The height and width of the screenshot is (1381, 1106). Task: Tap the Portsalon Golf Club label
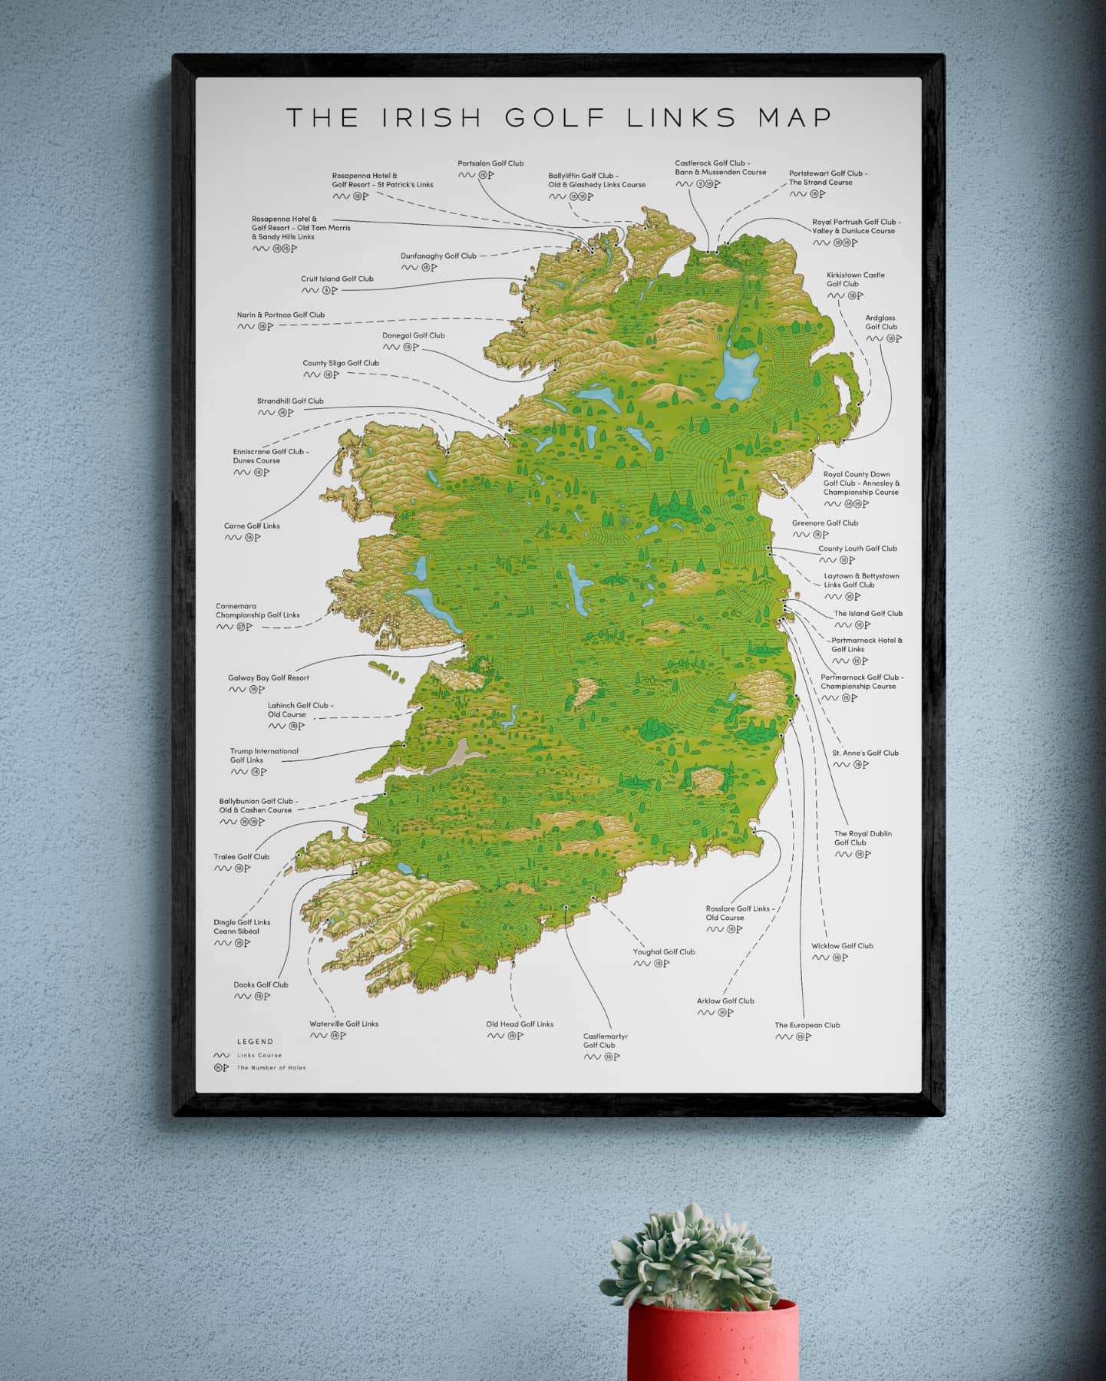pyautogui.click(x=490, y=163)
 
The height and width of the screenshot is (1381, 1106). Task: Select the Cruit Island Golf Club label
pyautogui.click(x=337, y=279)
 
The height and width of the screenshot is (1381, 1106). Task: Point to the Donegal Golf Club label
pyautogui.click(x=413, y=335)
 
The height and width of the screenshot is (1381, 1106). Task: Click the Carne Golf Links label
pyautogui.click(x=252, y=526)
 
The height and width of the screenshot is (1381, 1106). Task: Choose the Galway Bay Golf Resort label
pyautogui.click(x=268, y=677)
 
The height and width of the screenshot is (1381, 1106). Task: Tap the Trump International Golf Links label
pyautogui.click(x=263, y=756)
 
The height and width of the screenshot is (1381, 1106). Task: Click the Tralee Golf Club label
pyautogui.click(x=241, y=856)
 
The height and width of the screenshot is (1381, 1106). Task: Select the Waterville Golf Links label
pyautogui.click(x=343, y=1023)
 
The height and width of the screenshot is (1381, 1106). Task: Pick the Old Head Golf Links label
pyautogui.click(x=519, y=1023)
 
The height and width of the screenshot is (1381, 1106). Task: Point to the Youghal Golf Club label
pyautogui.click(x=663, y=951)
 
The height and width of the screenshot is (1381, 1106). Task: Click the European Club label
pyautogui.click(x=807, y=1024)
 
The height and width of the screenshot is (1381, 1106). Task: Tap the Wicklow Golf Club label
pyautogui.click(x=842, y=945)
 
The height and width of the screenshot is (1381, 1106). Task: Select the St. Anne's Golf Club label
pyautogui.click(x=865, y=753)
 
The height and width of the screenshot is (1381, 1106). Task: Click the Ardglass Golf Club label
pyautogui.click(x=880, y=322)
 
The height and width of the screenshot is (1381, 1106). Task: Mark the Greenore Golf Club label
pyautogui.click(x=824, y=522)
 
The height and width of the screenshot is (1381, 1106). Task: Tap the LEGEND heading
pyautogui.click(x=255, y=1041)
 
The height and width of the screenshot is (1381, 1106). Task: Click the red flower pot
pyautogui.click(x=712, y=1343)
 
